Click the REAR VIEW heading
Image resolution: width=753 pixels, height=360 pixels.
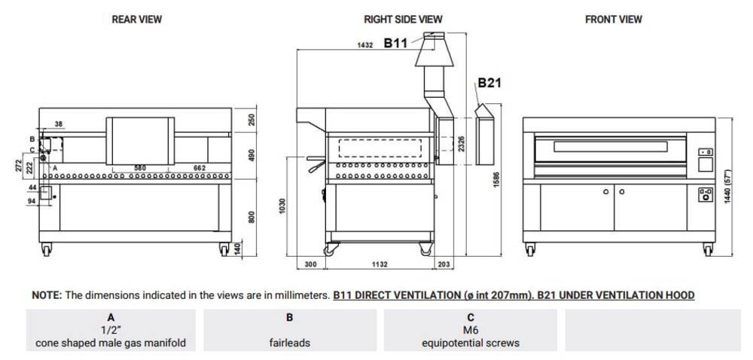coord(137,20)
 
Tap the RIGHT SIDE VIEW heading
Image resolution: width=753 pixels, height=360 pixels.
coord(403,20)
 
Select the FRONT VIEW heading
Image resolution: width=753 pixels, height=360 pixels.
coord(613,20)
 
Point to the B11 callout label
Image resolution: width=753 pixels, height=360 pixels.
coord(395,43)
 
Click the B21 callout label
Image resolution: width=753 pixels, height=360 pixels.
coord(489,83)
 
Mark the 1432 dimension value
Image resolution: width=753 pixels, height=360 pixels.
coord(365,44)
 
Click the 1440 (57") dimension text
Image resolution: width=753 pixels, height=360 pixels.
coord(727,186)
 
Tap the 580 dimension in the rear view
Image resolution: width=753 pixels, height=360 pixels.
coord(140,168)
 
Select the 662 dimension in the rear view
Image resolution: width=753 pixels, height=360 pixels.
coord(200,168)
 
